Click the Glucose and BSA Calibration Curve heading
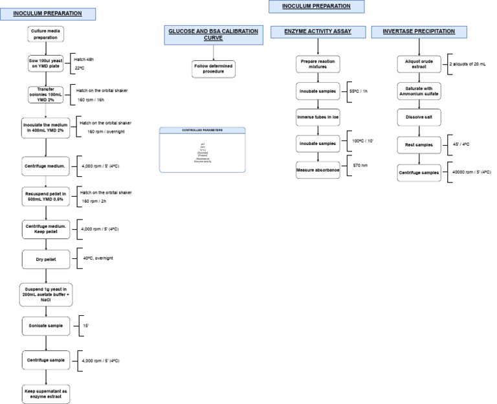(213, 35)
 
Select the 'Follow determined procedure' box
(213, 69)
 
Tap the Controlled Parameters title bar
(203, 130)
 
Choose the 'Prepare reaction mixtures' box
(317, 64)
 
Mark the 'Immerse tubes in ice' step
(317, 118)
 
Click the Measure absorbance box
(317, 169)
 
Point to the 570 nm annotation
(361, 165)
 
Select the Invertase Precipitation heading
(418, 30)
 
